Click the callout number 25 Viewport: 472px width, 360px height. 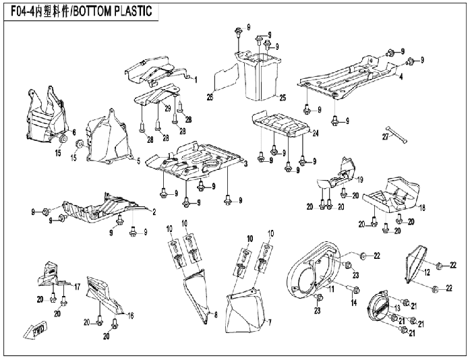click(x=283, y=98)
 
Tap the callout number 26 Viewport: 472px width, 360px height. click(x=210, y=97)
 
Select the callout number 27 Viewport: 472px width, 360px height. click(x=386, y=137)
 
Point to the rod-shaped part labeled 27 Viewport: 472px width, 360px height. click(x=399, y=134)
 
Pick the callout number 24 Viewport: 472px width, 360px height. click(x=315, y=133)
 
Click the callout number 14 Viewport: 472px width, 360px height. click(x=354, y=303)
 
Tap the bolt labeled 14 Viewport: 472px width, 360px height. click(x=353, y=290)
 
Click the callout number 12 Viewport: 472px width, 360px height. click(x=427, y=272)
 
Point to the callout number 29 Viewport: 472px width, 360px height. click(x=168, y=109)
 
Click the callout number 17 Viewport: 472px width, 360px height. click(x=77, y=287)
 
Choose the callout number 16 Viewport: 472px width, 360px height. click(x=130, y=315)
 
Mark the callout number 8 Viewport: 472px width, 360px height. click(x=216, y=315)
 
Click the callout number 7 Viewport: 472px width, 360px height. click(x=270, y=323)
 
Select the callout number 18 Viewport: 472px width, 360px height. click(x=422, y=208)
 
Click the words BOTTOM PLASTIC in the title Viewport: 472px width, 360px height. click(x=113, y=11)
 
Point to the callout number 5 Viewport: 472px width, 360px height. click(x=138, y=161)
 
